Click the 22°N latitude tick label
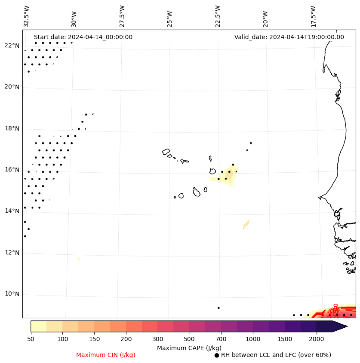12,46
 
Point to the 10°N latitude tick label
12,294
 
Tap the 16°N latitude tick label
12,170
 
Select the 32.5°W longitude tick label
27,16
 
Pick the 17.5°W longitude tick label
314,16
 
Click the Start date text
83,37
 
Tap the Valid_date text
289,37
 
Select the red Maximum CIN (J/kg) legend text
106,355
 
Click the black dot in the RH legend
217,355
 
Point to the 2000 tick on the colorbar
317,339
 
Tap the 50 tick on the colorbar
31,339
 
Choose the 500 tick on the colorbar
189,339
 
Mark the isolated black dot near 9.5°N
218,308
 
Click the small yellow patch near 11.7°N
79,259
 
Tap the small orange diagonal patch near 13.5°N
246,224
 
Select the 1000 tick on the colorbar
253,339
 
